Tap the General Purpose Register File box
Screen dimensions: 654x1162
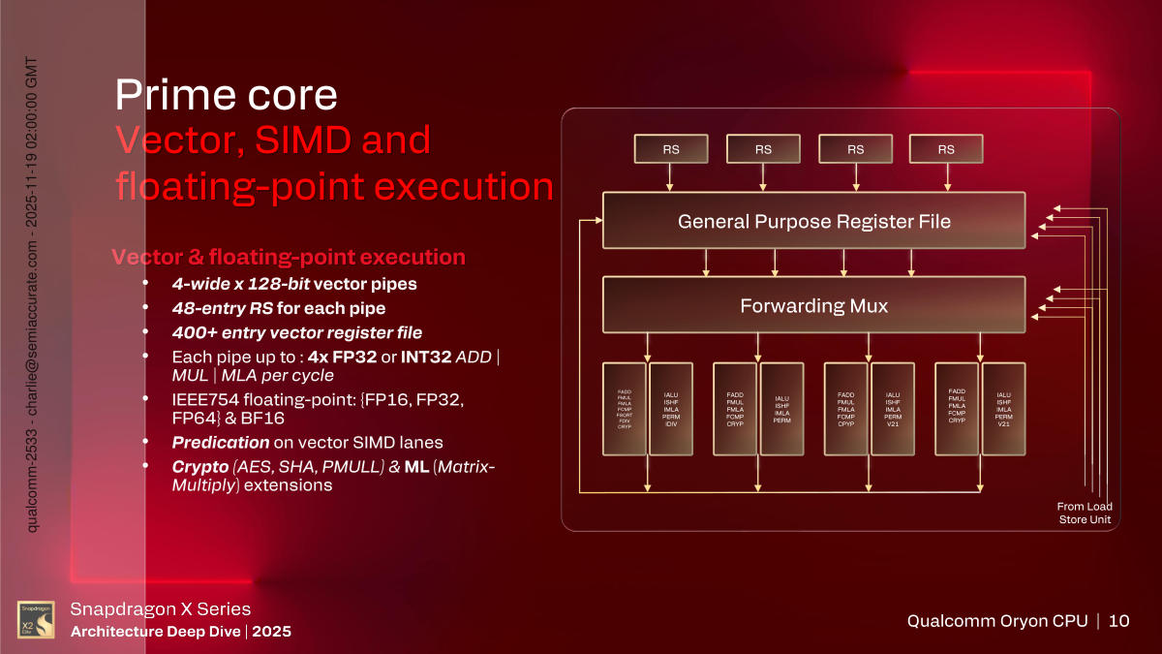coord(813,221)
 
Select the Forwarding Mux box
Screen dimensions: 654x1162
coord(813,305)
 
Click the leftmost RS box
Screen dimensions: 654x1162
coord(670,149)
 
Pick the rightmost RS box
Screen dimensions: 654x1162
coord(946,149)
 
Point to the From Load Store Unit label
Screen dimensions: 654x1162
coord(1085,514)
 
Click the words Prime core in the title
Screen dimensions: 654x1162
coord(227,95)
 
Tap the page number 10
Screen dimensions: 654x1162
coord(1118,621)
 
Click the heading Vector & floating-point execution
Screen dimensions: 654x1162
coord(289,258)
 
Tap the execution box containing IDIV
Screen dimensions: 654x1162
coord(671,409)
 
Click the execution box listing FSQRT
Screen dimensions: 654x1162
coord(624,409)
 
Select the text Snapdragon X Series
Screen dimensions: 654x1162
coord(162,609)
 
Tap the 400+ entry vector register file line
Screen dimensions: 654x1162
coord(296,332)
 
